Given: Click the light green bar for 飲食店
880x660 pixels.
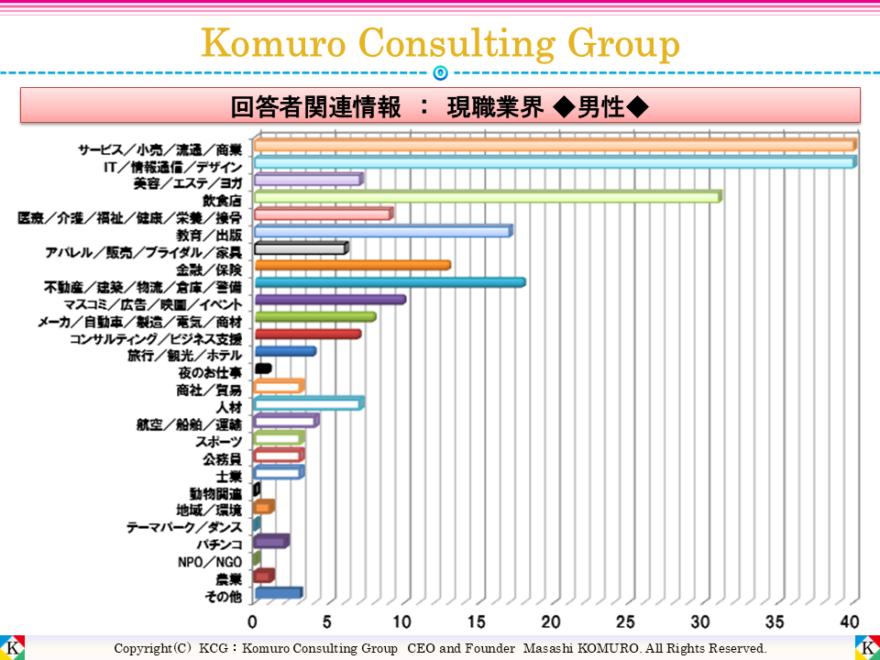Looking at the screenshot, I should pyautogui.click(x=486, y=196).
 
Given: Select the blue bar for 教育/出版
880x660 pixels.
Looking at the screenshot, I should pyautogui.click(x=381, y=231).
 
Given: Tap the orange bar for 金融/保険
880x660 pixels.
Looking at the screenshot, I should pyautogui.click(x=352, y=266).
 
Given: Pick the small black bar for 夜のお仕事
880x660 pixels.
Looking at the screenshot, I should pyautogui.click(x=263, y=368).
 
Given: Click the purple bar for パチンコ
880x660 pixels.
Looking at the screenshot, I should pyautogui.click(x=271, y=541).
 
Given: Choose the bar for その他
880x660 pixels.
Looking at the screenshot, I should pyautogui.click(x=278, y=593).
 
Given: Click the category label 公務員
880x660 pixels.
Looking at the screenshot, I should pyautogui.click(x=222, y=458).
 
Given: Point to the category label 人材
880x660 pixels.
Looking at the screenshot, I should pyautogui.click(x=228, y=406).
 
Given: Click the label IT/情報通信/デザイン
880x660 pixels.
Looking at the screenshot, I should pyautogui.click(x=172, y=167).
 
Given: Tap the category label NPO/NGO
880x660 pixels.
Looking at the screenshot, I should pyautogui.click(x=211, y=562).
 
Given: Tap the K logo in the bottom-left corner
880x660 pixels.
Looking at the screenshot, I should pyautogui.click(x=13, y=646).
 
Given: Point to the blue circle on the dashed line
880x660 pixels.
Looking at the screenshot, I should pyautogui.click(x=440, y=72).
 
